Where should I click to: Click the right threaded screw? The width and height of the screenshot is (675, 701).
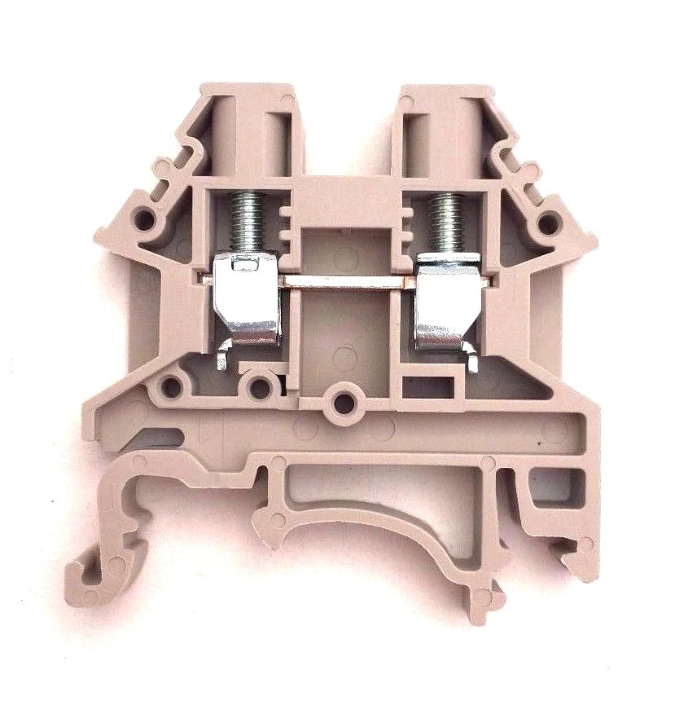click(442, 221)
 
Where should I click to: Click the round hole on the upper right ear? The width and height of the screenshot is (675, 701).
click(548, 221)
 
